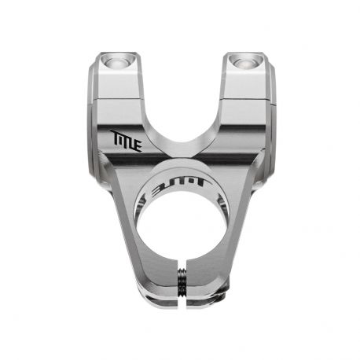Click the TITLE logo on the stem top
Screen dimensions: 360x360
(x=126, y=141)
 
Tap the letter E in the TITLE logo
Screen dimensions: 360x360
(x=138, y=145)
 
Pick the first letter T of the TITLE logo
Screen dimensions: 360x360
(x=115, y=136)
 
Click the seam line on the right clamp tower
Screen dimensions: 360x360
(x=244, y=100)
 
